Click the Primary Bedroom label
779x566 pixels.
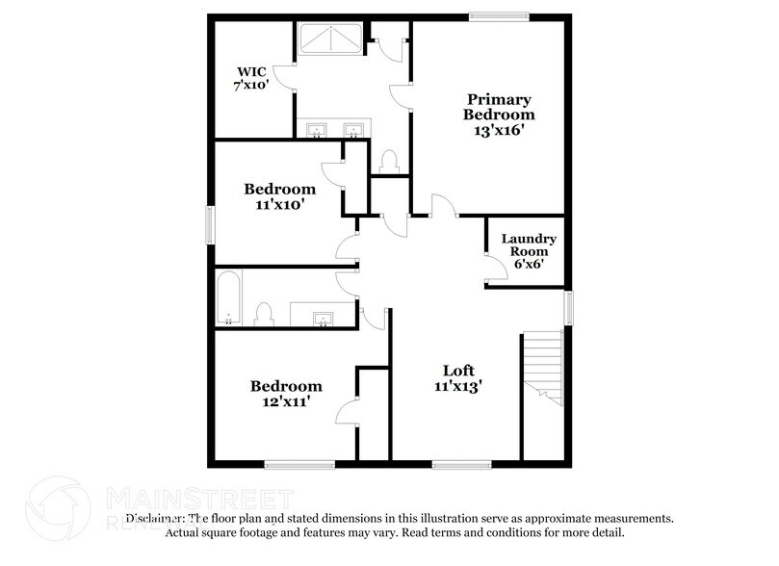(x=500, y=107)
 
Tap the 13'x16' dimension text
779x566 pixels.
(x=500, y=130)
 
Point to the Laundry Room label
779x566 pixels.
(x=522, y=244)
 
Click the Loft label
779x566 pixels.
(x=457, y=371)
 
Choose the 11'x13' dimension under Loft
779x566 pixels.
(x=457, y=386)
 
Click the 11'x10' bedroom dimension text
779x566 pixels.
(x=279, y=204)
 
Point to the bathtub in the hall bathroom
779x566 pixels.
(x=228, y=297)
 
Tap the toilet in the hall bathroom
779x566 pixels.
(x=263, y=313)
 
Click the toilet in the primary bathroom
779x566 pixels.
(x=390, y=160)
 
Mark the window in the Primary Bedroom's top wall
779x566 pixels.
(x=499, y=14)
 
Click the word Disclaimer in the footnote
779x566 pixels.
(x=154, y=518)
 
